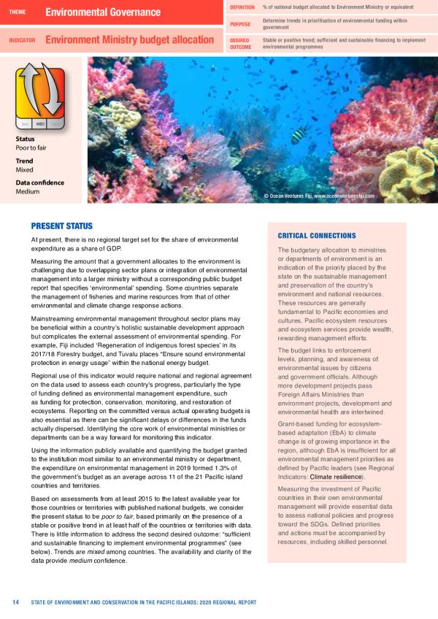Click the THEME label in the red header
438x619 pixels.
18,12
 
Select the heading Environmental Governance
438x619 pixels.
103,12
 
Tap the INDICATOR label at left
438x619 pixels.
23,41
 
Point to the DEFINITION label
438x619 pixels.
242,7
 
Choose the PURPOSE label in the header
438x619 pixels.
240,24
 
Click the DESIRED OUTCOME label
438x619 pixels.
241,42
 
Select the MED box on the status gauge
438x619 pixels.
41,124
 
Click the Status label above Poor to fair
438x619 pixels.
26,139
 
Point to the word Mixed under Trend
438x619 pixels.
24,169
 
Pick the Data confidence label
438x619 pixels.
40,183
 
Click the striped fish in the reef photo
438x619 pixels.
300,135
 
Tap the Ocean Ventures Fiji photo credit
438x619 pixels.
319,196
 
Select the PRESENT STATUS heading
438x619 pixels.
61,226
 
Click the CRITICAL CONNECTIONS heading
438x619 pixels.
316,236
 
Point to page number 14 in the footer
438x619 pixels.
15,602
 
